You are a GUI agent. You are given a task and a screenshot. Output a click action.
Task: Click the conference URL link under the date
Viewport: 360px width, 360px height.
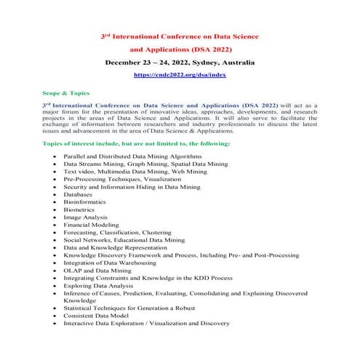tap(180, 75)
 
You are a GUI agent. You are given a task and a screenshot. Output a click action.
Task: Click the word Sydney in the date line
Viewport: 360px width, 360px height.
tap(208, 63)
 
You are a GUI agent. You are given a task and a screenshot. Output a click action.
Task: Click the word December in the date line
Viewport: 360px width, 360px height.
tap(124, 63)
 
